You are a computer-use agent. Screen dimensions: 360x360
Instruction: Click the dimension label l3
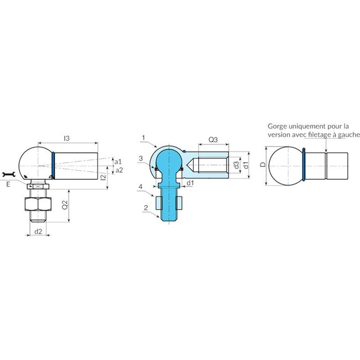tap(67, 138)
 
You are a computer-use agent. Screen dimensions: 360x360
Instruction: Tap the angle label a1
tap(118, 162)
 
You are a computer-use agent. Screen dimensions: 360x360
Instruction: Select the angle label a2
tap(119, 170)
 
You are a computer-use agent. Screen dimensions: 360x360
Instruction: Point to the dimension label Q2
tap(65, 204)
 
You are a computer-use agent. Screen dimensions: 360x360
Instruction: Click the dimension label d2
tap(38, 232)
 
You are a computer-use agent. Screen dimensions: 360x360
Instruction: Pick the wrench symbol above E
tap(9, 174)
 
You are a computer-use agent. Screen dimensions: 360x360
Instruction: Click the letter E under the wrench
tap(8, 184)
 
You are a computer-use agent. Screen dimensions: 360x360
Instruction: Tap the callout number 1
tap(143, 138)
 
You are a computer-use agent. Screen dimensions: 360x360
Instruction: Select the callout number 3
tap(141, 158)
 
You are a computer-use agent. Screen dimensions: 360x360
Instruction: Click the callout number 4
tap(141, 187)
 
